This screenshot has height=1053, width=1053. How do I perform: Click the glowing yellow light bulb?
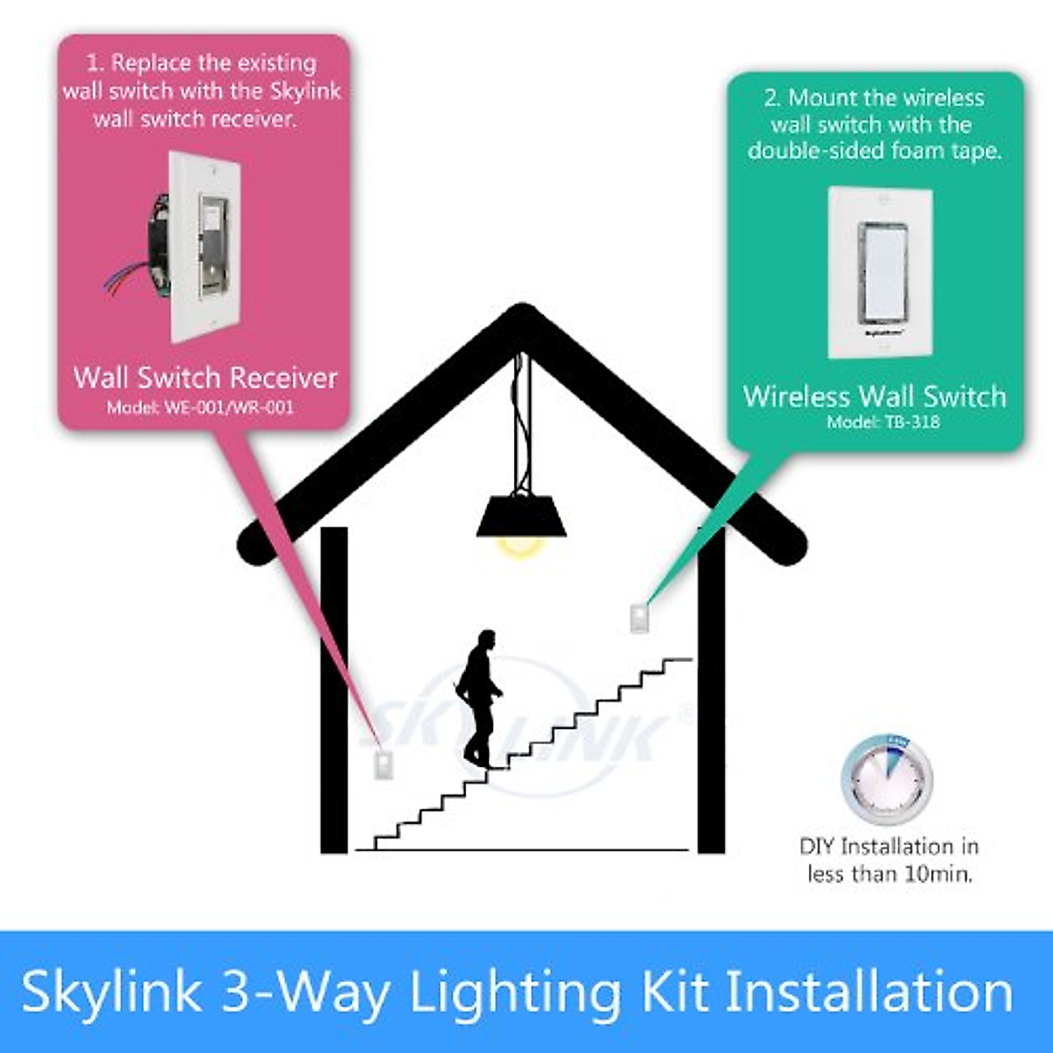pos(519,546)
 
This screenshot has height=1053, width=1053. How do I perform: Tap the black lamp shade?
pos(521,517)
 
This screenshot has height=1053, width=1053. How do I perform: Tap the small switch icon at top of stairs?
pos(639,618)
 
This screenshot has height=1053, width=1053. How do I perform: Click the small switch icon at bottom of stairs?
pos(383,765)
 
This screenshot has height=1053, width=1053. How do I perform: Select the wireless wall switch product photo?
pos(881,271)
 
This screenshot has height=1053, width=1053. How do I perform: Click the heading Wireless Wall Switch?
pos(874,397)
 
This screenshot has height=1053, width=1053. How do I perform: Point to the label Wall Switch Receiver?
pos(205,378)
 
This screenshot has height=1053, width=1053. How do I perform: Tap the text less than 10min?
pos(890,874)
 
